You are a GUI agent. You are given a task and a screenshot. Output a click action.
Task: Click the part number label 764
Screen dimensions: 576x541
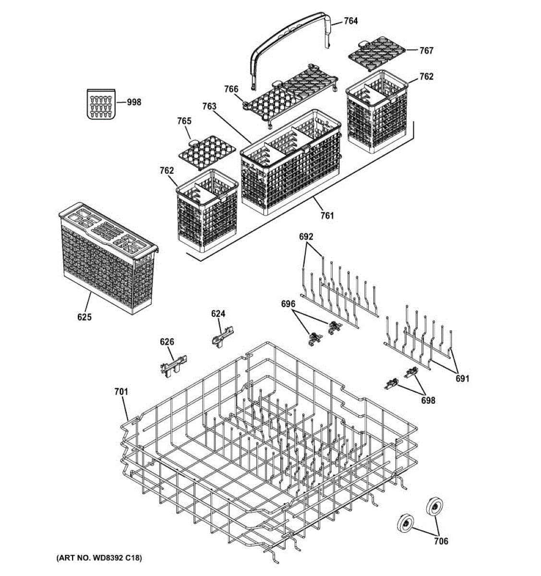351,21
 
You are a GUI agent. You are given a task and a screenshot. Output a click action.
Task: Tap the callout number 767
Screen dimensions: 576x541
426,50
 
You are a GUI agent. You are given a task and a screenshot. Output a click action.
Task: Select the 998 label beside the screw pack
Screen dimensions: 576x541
134,102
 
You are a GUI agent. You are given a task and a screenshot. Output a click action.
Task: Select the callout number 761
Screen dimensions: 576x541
327,216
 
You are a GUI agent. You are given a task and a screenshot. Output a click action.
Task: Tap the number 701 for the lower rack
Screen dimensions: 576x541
121,392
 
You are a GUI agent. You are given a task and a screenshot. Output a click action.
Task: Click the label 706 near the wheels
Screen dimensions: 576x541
441,541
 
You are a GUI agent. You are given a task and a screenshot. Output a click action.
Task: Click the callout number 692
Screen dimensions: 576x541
306,237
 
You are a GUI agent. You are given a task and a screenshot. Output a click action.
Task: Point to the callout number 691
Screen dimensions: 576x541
462,379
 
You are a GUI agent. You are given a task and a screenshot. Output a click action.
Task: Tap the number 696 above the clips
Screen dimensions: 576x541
288,304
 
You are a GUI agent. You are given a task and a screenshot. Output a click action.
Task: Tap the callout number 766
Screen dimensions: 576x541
231,89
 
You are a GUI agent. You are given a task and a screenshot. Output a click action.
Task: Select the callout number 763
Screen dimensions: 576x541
210,106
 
